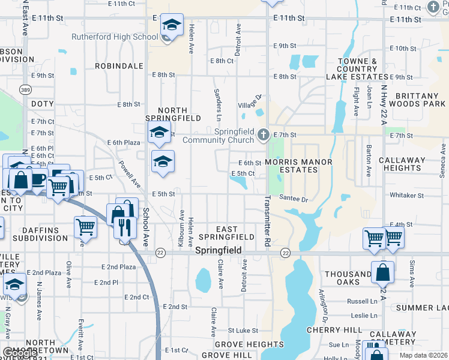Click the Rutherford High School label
[x=115, y=37]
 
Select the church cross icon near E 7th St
[x=263, y=136]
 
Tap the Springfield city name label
[x=218, y=250]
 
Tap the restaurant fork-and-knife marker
[x=125, y=227]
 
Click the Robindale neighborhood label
[x=119, y=65]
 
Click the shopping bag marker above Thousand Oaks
[x=382, y=272]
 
